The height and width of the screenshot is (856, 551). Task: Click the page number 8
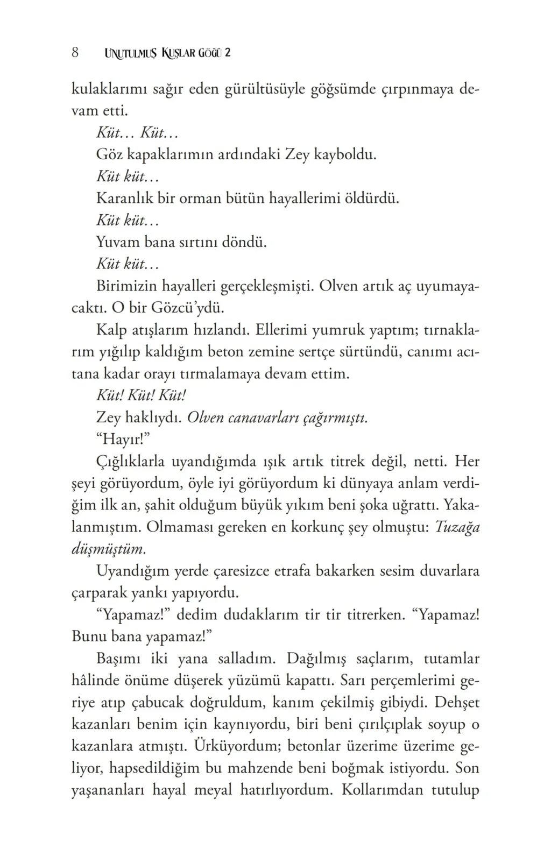pyautogui.click(x=75, y=53)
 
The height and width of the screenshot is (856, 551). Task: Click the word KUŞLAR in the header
pyautogui.click(x=183, y=53)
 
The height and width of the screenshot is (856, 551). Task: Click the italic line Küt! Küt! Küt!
pyautogui.click(x=141, y=395)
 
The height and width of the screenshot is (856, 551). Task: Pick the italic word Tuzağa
pyautogui.click(x=456, y=527)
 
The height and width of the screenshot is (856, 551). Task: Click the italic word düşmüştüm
pyautogui.click(x=108, y=549)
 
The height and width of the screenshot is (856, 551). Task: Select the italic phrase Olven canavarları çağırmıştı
pyautogui.click(x=277, y=418)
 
